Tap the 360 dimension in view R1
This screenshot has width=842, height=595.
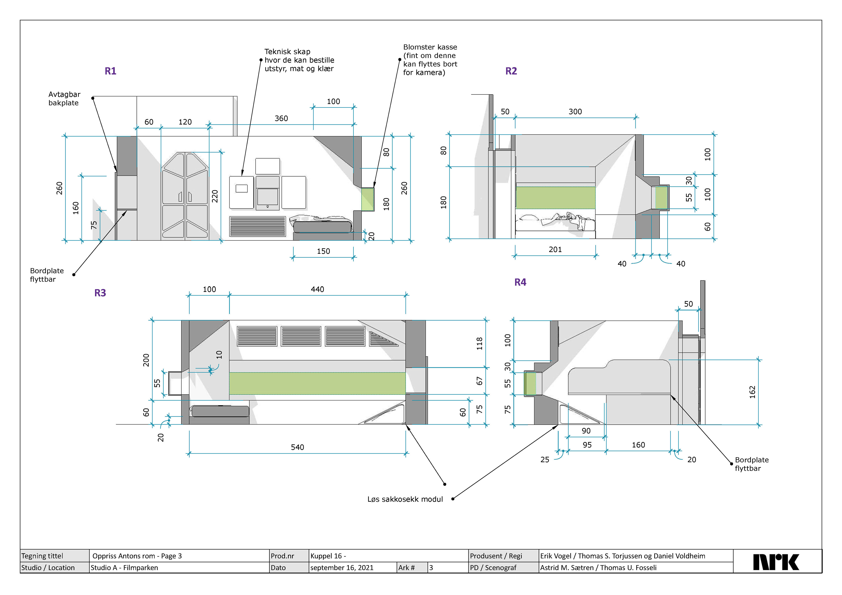point(281,118)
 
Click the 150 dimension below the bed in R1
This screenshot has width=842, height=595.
point(323,251)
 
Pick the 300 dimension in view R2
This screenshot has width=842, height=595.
point(575,112)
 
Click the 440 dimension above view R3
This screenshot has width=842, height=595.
point(317,289)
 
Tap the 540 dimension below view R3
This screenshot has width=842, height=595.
point(297,447)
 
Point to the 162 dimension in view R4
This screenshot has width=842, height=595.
point(752,392)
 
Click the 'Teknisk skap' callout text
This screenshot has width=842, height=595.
point(299,60)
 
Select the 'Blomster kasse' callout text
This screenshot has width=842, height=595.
point(430,60)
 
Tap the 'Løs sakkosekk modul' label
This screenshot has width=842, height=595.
point(405,499)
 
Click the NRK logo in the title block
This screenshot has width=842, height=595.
point(776,562)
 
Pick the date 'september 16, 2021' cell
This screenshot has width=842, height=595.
point(342,568)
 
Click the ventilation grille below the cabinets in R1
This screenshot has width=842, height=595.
point(257,226)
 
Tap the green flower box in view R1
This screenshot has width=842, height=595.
point(367,199)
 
